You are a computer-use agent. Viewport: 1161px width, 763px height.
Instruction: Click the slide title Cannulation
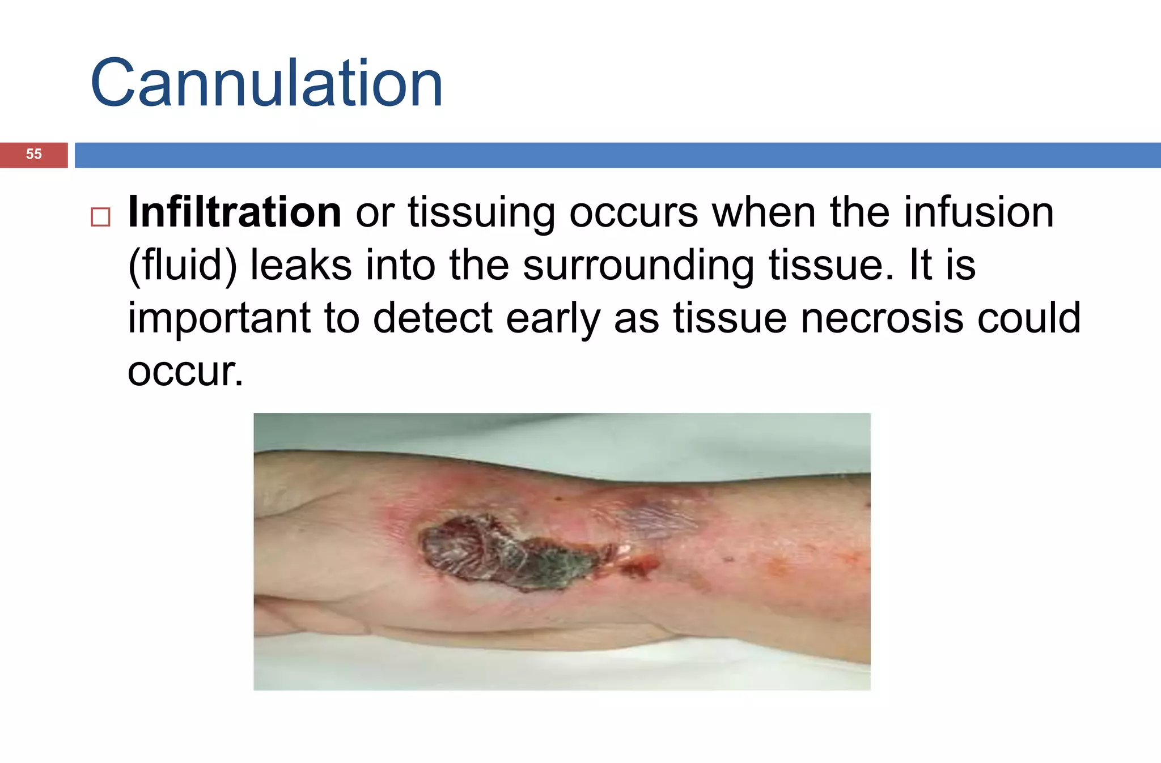[x=266, y=84]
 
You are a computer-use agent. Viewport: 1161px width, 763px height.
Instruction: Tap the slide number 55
[x=34, y=154]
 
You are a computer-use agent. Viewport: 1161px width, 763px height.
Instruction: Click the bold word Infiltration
[x=234, y=212]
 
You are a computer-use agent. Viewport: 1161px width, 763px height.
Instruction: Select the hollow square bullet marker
[x=100, y=217]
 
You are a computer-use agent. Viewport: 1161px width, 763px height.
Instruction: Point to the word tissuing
[x=481, y=213]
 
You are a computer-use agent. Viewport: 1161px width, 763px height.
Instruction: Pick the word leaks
[x=300, y=265]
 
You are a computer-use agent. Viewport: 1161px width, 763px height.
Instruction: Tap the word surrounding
[x=638, y=265]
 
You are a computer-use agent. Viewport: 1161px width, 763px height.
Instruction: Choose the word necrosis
[x=882, y=318]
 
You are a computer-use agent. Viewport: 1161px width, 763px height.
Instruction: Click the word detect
[x=433, y=318]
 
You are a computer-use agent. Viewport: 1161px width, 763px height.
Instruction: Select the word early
[x=553, y=319]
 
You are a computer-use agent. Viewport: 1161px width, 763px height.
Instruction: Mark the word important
[x=219, y=318]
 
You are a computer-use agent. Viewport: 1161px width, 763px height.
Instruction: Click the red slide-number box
[x=34, y=155]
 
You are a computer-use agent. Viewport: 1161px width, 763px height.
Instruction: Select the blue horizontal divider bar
[x=618, y=155]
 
